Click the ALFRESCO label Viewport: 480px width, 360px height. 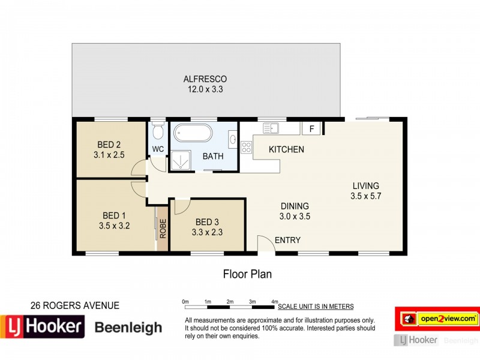205,79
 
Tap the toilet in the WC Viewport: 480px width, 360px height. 158,130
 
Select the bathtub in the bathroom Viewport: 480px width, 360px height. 191,133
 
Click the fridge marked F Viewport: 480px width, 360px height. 311,128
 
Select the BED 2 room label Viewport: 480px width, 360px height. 109,144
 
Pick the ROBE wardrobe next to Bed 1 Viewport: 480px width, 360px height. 163,228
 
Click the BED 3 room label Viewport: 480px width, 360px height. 207,221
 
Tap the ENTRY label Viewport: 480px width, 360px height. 287,241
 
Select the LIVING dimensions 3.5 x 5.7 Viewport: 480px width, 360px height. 365,196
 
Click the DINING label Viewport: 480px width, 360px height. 295,205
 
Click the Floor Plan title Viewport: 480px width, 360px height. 247,274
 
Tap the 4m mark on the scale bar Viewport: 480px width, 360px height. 274,301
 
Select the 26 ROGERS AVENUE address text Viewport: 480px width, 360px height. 74,305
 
